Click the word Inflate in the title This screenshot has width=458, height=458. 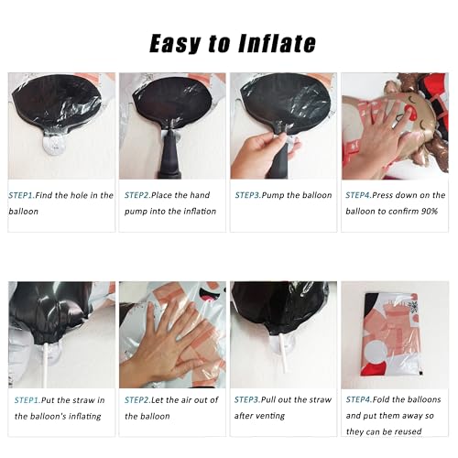pyautogui.click(x=277, y=43)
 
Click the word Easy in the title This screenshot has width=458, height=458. pyautogui.click(x=175, y=44)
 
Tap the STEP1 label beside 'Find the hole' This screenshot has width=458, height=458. pyautogui.click(x=21, y=195)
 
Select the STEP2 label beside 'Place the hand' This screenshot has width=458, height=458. pyautogui.click(x=137, y=195)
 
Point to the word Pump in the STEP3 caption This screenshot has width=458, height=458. pyautogui.click(x=273, y=195)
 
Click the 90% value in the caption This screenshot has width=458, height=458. pyautogui.click(x=430, y=212)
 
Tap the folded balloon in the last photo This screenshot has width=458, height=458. pyautogui.click(x=392, y=334)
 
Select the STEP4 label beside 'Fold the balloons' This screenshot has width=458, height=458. pyautogui.click(x=358, y=399)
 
